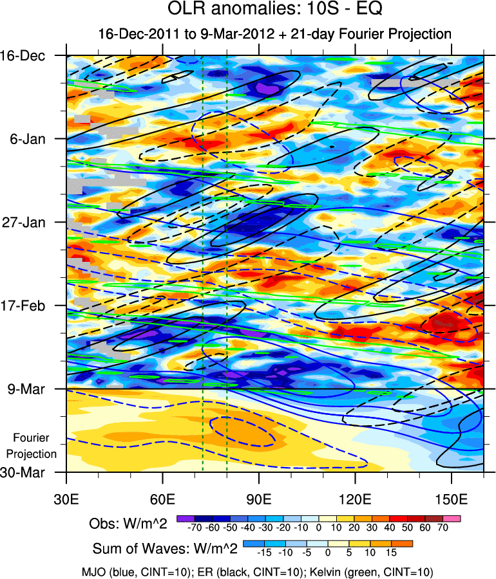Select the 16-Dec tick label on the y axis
click(x=32, y=55)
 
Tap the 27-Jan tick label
click(x=32, y=223)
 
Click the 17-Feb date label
click(x=32, y=306)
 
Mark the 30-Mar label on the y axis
click(x=32, y=472)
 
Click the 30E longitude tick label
click(x=67, y=499)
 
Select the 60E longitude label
click(x=163, y=499)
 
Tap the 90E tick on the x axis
click(x=259, y=499)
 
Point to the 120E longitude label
click(x=356, y=499)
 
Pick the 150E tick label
click(x=452, y=499)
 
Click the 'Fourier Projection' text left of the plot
click(x=35, y=446)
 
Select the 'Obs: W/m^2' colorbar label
click(x=128, y=524)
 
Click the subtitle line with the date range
click(x=274, y=33)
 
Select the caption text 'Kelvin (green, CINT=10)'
click(x=381, y=571)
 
